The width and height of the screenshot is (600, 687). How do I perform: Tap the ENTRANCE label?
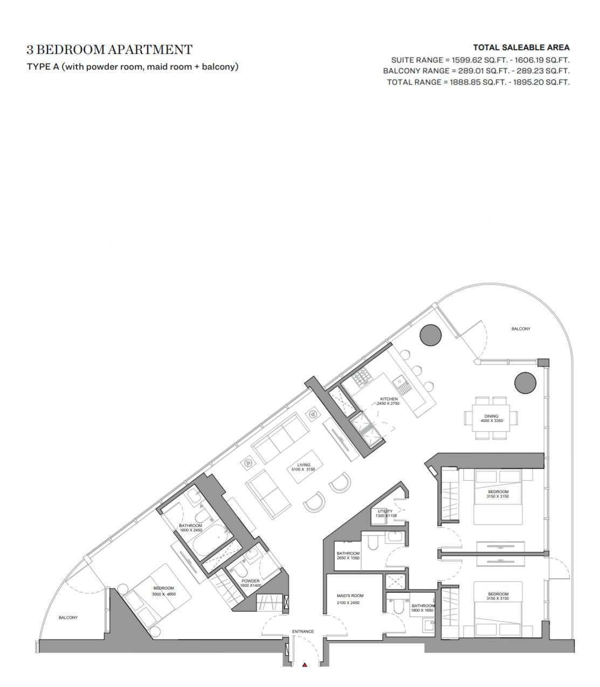(x=303, y=632)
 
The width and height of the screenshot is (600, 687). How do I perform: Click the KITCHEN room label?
(x=389, y=399)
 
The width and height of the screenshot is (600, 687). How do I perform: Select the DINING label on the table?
(x=492, y=416)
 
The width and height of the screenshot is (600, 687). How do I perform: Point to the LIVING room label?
(x=304, y=465)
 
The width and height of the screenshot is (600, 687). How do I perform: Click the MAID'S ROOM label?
(x=350, y=595)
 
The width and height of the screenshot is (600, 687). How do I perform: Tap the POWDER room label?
(x=250, y=581)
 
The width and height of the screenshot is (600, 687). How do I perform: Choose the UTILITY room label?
(x=385, y=511)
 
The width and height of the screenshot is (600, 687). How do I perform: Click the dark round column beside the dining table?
(x=526, y=383)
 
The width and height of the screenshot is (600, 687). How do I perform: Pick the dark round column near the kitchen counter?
(x=430, y=335)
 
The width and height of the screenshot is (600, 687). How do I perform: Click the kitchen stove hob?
(x=362, y=377)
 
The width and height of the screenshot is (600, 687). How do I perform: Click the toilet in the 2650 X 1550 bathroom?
(x=373, y=542)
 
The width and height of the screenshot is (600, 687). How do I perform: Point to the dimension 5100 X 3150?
(x=303, y=469)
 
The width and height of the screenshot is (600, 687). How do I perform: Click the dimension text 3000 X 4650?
(x=164, y=594)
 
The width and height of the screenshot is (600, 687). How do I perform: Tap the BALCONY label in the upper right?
(x=521, y=329)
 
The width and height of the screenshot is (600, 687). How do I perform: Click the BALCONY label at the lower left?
(x=68, y=617)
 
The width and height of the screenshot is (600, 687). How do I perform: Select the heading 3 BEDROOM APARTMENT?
(x=109, y=50)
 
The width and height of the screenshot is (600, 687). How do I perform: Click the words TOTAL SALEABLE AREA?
(x=521, y=47)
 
